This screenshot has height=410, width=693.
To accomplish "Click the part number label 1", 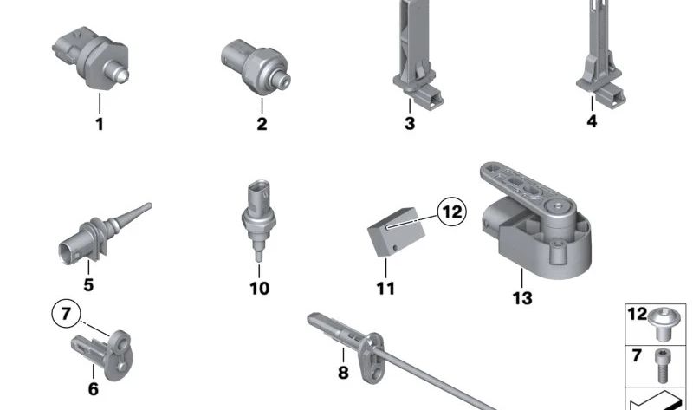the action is pyautogui.click(x=100, y=124).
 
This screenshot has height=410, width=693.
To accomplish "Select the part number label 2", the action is pyautogui.click(x=262, y=124).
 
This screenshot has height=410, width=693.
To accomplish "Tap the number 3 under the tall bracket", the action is pyautogui.click(x=410, y=123).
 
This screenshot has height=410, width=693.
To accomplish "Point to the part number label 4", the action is pyautogui.click(x=592, y=121).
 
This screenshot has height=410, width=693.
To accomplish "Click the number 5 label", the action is pyautogui.click(x=88, y=285).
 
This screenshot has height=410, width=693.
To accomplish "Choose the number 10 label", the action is pyautogui.click(x=259, y=289).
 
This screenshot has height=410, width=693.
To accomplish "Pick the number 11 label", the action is pyautogui.click(x=385, y=289).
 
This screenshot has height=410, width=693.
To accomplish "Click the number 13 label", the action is pyautogui.click(x=522, y=298).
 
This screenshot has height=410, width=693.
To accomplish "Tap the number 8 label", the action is pyautogui.click(x=343, y=373).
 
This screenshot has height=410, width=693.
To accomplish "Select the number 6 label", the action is pyautogui.click(x=94, y=389).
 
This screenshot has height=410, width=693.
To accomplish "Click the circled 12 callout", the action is pyautogui.click(x=451, y=212).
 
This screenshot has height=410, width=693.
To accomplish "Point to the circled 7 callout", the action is pyautogui.click(x=67, y=314).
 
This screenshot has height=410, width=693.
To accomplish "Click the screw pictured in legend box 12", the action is pyautogui.click(x=664, y=326).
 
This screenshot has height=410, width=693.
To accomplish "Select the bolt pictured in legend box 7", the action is pyautogui.click(x=662, y=366).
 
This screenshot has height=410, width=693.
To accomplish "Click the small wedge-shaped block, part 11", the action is pyautogui.click(x=396, y=231).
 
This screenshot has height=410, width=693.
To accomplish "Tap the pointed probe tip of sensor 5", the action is pyautogui.click(x=149, y=205).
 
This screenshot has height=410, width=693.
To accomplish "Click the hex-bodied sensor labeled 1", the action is pyautogui.click(x=91, y=57).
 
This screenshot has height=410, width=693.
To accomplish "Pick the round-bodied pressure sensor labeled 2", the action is pyautogui.click(x=256, y=67).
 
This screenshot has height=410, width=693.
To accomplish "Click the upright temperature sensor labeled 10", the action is pyautogui.click(x=259, y=220).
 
